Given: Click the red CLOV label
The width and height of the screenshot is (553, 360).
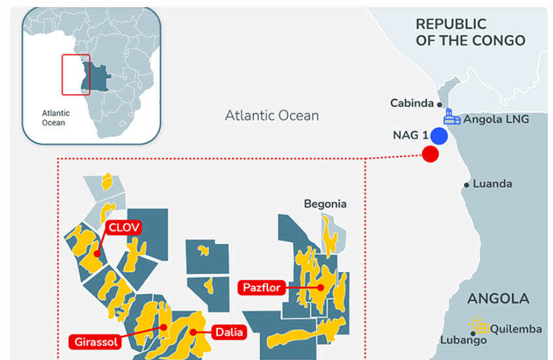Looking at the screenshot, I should [x=124, y=228].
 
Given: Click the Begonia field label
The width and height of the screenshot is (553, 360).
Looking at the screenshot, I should [x=325, y=204].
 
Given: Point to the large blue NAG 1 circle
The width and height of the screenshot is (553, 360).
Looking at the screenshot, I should [x=439, y=136].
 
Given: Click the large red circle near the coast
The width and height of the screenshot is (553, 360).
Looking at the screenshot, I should [x=430, y=154].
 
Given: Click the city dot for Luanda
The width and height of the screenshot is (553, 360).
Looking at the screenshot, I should [x=466, y=185].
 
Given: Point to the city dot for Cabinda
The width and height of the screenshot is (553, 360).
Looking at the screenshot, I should [x=440, y=104].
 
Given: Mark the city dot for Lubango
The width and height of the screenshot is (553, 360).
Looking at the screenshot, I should [x=472, y=333].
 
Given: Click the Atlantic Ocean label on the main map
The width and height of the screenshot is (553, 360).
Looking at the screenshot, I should [x=272, y=116].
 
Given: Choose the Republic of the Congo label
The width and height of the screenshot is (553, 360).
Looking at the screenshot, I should [x=470, y=32].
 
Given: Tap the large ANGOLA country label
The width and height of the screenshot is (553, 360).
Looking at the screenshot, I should [x=498, y=299].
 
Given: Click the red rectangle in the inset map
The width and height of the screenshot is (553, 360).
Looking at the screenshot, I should [x=76, y=74].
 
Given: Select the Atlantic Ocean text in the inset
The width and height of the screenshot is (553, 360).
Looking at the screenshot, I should [x=55, y=117].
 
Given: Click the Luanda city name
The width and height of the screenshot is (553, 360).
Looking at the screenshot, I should [x=492, y=184].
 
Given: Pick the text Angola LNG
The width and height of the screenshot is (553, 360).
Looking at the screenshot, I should [x=496, y=119].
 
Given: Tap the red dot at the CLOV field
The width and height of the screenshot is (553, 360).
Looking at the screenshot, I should [x=97, y=254].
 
